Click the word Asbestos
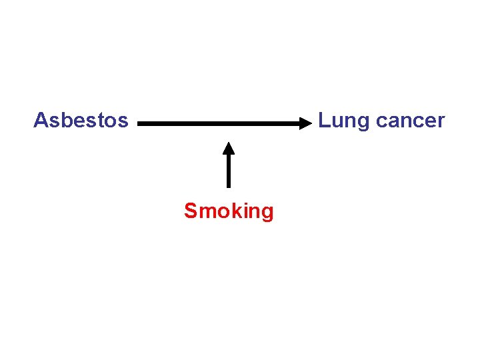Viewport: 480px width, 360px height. coord(81,120)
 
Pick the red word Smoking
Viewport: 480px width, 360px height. coord(229,211)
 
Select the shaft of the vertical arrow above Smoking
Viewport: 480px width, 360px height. coord(229,170)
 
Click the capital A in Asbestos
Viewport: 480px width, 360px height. coord(40,120)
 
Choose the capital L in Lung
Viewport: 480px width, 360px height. coord(323,120)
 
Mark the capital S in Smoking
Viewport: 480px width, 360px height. coord(191,211)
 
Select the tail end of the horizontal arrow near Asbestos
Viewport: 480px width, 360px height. coord(141,123)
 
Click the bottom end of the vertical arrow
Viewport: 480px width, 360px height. coord(229,186)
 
